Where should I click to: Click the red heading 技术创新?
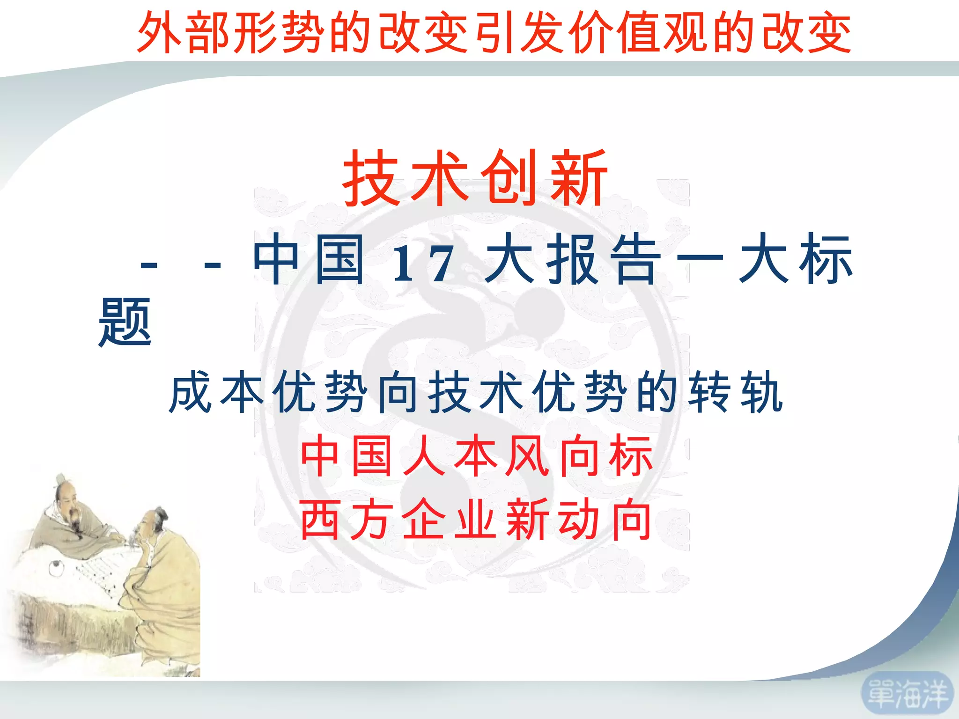(x=475, y=178)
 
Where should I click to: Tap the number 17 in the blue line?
(x=423, y=264)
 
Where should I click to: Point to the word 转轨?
(x=736, y=392)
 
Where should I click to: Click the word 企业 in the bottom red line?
(x=449, y=520)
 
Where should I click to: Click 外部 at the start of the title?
(x=184, y=33)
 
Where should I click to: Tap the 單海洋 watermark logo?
(x=907, y=694)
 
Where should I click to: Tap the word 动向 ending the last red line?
(x=605, y=520)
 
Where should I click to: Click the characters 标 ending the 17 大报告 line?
(x=826, y=260)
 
